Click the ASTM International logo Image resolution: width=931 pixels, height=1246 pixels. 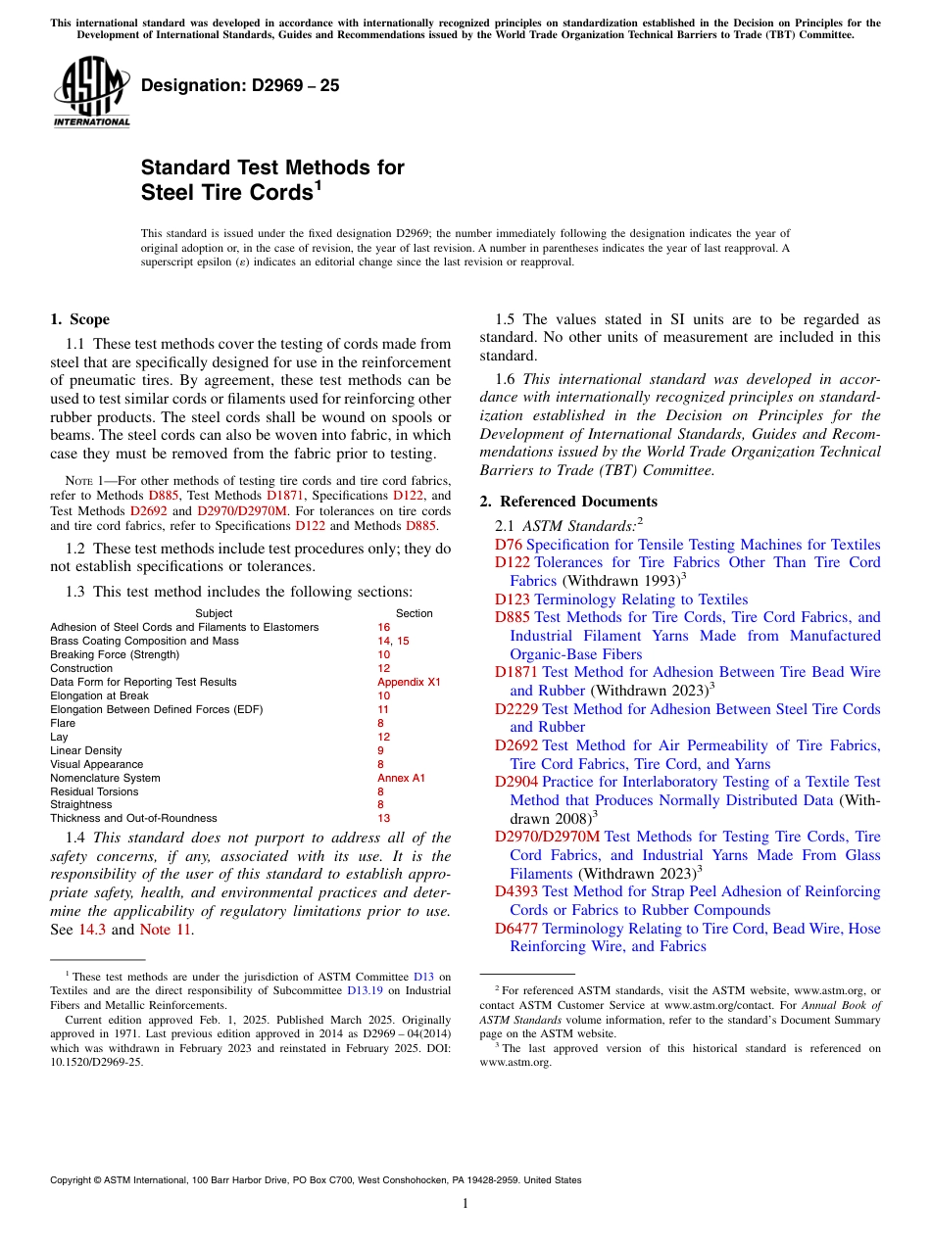point(91,92)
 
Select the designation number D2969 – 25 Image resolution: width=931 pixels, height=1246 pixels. point(240,85)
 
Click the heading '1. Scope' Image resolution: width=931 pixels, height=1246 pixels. point(79,319)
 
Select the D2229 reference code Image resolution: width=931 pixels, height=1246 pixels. point(516,709)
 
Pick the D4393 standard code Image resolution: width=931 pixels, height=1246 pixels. point(516,891)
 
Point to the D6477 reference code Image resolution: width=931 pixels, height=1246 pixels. point(516,929)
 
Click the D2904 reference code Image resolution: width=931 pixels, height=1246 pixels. point(516,782)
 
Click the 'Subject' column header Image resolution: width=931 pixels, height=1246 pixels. point(214,613)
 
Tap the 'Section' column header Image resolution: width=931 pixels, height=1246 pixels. point(414,613)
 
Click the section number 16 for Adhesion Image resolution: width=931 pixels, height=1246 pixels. point(383,627)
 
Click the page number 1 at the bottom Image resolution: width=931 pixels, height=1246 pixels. point(465,1203)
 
